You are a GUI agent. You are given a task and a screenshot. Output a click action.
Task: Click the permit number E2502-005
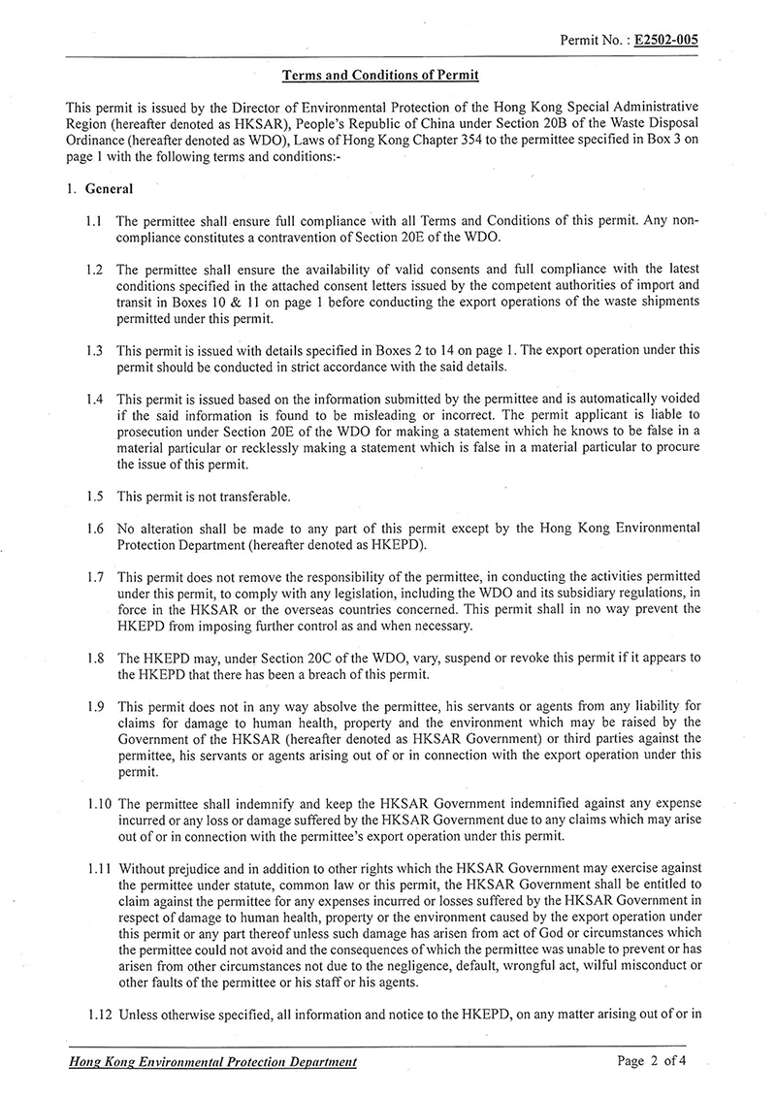[x=666, y=40]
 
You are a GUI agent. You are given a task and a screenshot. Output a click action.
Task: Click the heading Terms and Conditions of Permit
[x=380, y=75]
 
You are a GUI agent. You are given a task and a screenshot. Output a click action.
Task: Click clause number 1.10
[x=95, y=804]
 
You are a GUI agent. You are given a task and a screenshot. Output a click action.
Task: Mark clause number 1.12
[x=95, y=1015]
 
